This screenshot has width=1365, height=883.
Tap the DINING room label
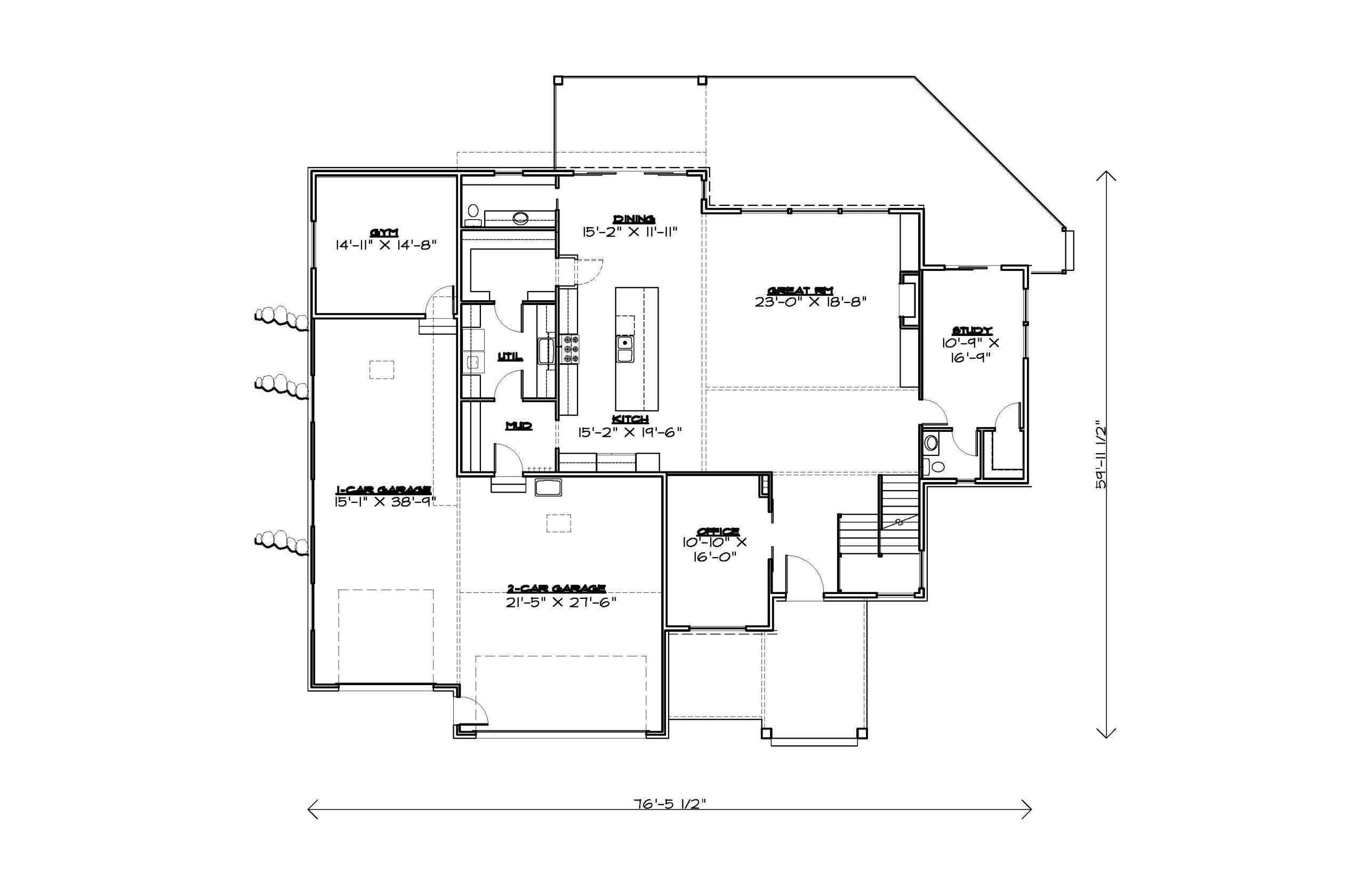coord(633,219)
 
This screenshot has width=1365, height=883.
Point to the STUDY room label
coord(971,331)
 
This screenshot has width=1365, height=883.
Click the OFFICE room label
coord(718,532)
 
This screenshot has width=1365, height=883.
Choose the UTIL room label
coord(510,357)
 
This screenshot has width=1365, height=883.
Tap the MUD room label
coord(518,426)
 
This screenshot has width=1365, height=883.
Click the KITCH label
coord(630,420)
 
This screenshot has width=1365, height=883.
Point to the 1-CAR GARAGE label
coord(383,489)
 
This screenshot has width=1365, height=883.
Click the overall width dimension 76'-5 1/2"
coord(669,804)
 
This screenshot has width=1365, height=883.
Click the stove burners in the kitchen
coord(570,349)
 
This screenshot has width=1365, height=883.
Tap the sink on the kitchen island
coord(624,349)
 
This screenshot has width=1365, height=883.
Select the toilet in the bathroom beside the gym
coord(473,215)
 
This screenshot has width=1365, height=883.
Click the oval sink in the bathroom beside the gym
coord(520,218)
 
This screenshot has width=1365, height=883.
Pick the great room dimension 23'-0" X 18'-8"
coord(809,302)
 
